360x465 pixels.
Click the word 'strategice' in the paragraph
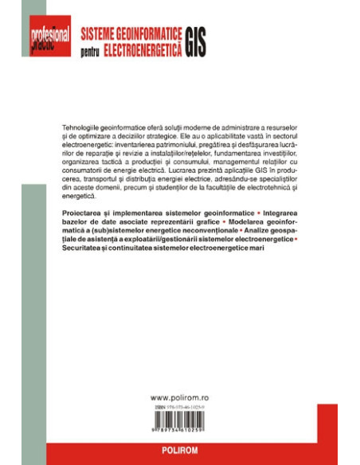click(x=173, y=137)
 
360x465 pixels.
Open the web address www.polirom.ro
click(x=180, y=396)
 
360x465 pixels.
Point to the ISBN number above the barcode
click(x=180, y=406)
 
